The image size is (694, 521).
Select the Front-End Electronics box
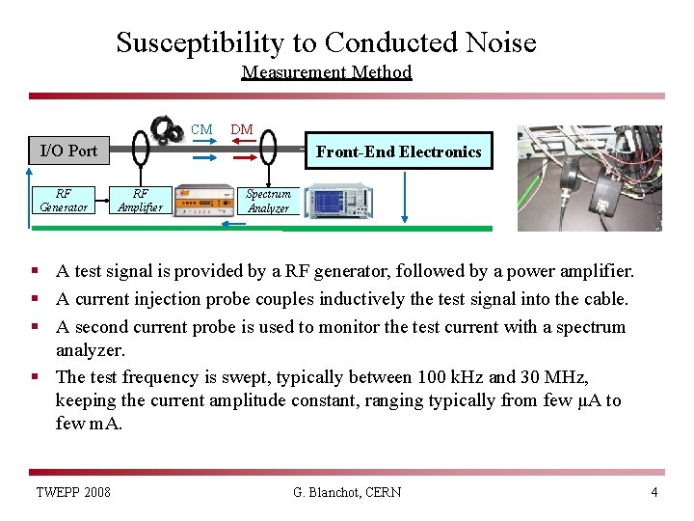(x=398, y=151)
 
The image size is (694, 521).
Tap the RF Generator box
(x=64, y=200)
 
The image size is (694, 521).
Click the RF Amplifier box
(x=140, y=200)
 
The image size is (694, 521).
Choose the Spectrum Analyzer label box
(x=267, y=201)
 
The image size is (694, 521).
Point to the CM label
(x=201, y=130)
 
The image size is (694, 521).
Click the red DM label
(x=242, y=130)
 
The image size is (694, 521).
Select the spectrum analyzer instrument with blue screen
(x=337, y=201)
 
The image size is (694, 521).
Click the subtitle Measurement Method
(x=327, y=72)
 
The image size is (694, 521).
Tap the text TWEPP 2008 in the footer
(x=73, y=492)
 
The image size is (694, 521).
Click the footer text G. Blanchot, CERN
(x=347, y=492)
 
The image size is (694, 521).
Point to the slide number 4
(x=654, y=492)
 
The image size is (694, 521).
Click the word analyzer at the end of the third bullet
(x=91, y=350)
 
